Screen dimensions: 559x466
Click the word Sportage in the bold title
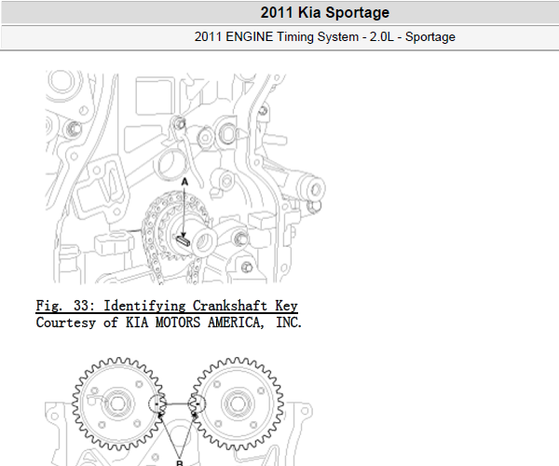pyautogui.click(x=357, y=13)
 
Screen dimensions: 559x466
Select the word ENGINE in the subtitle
pyautogui.click(x=249, y=36)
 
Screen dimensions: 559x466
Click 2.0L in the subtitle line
pyautogui.click(x=381, y=36)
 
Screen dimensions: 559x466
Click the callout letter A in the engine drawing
pyautogui.click(x=184, y=182)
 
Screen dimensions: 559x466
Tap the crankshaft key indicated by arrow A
pyautogui.click(x=183, y=240)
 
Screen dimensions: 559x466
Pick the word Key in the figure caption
pyautogui.click(x=286, y=307)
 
